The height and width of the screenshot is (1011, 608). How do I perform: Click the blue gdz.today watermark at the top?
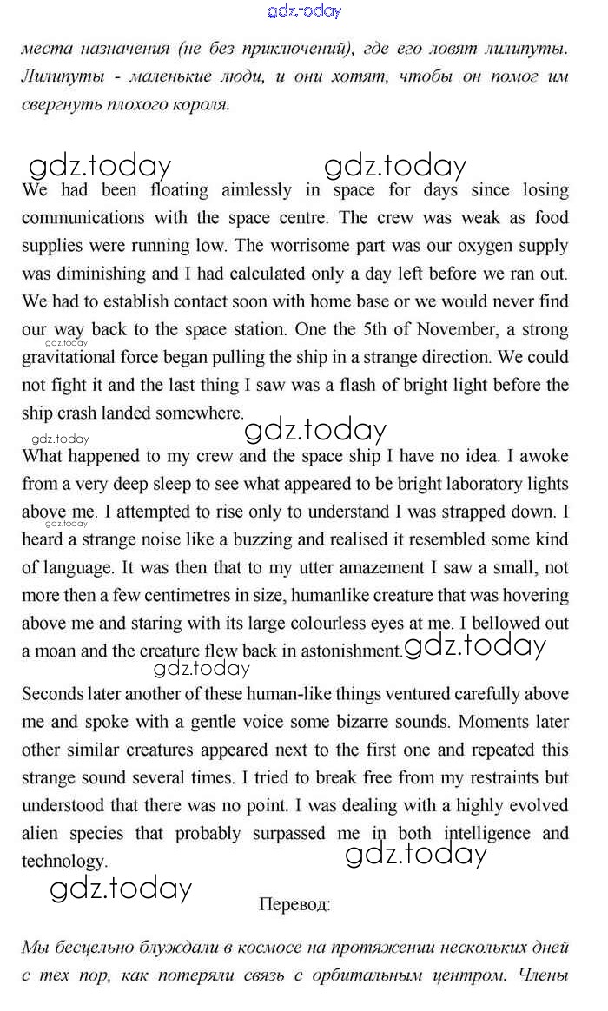[304, 11]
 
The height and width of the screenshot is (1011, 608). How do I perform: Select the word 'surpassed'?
[289, 834]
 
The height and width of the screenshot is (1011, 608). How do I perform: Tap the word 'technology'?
[63, 862]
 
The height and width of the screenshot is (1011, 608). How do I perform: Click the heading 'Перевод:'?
[294, 904]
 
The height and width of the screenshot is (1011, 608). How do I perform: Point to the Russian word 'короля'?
[200, 105]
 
